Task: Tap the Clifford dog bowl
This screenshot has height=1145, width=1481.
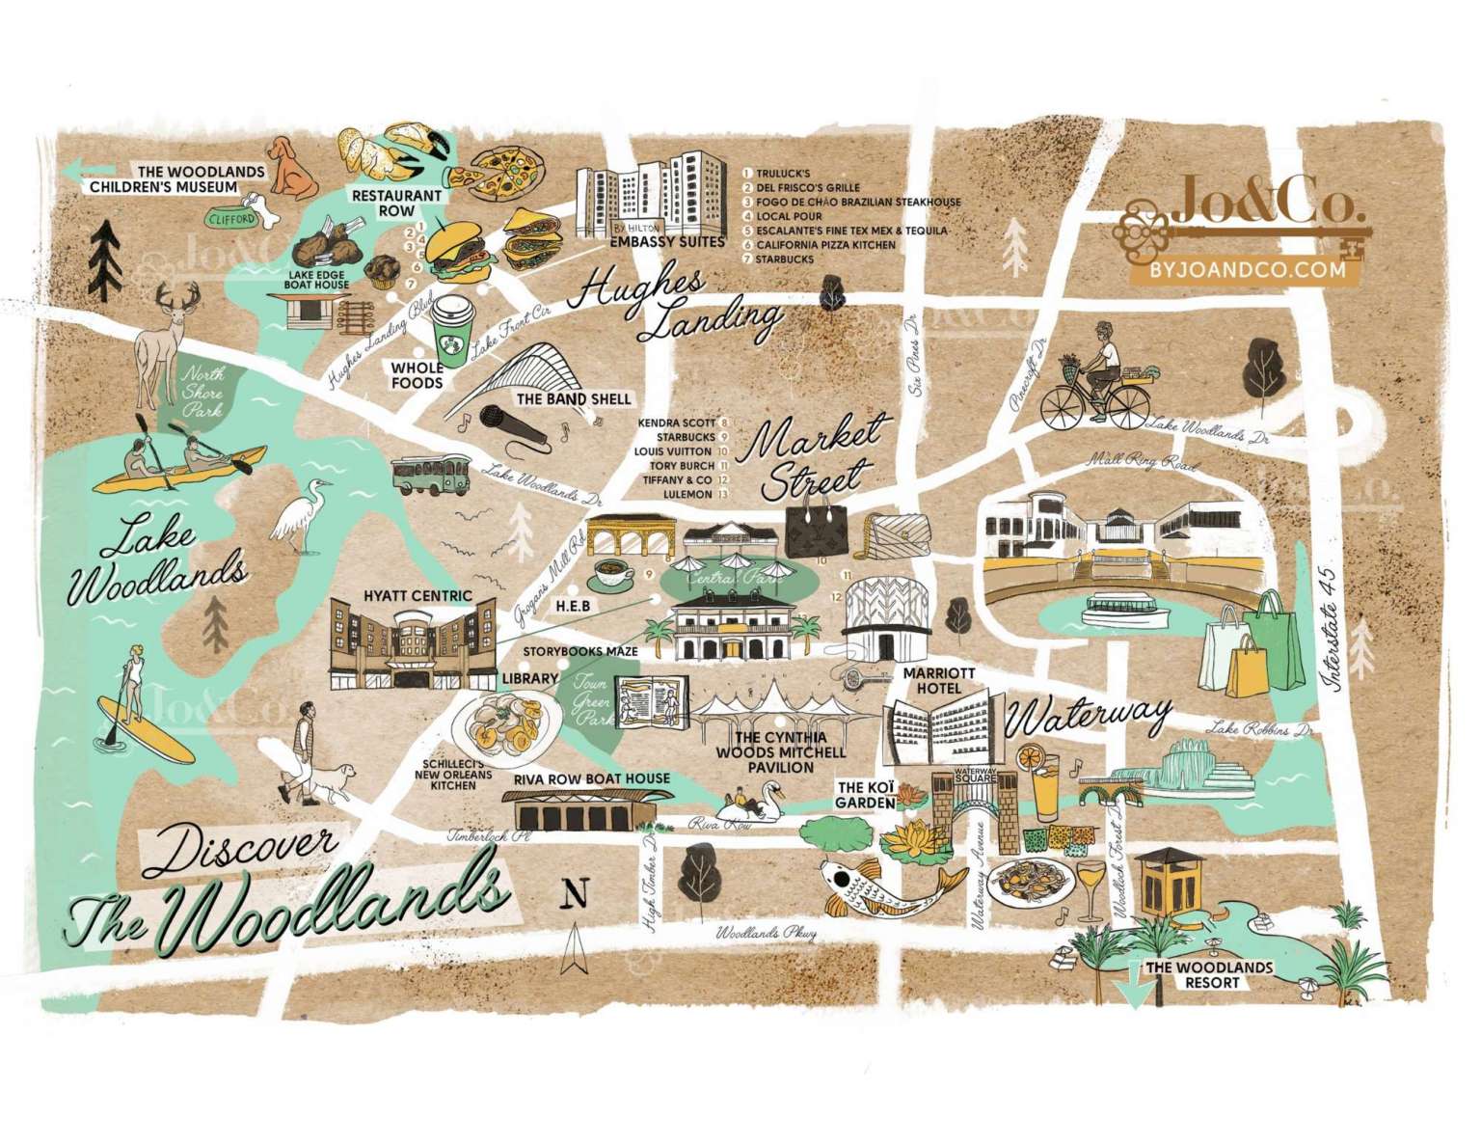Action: coord(232,219)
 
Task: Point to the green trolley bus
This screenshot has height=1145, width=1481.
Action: coord(430,477)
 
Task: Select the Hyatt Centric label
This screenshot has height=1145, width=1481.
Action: coord(417,595)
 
